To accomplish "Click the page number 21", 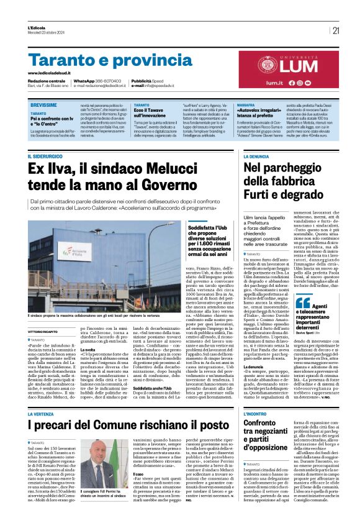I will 336,30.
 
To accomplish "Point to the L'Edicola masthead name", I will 37,28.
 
